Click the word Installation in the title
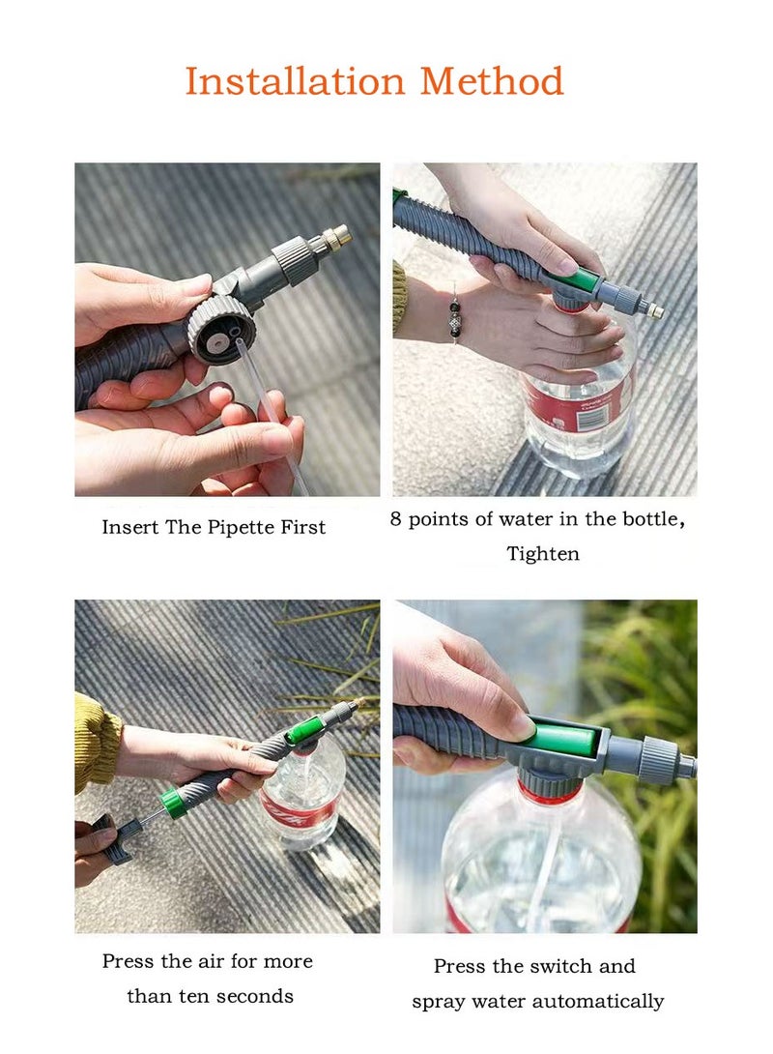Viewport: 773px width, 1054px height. pos(295,81)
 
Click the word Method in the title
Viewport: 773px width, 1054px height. pos(492,81)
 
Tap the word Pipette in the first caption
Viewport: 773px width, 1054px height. pos(237,528)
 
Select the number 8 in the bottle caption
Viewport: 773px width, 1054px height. pos(395,519)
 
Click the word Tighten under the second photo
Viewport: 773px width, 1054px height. pos(543,555)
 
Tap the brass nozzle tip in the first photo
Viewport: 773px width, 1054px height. pos(337,236)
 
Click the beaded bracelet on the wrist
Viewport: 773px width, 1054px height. pos(455,321)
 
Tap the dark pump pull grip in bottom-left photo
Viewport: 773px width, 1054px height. pos(111,839)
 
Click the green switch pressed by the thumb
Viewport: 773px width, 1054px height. pos(561,739)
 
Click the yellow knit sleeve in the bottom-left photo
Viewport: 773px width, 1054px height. pos(94,742)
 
